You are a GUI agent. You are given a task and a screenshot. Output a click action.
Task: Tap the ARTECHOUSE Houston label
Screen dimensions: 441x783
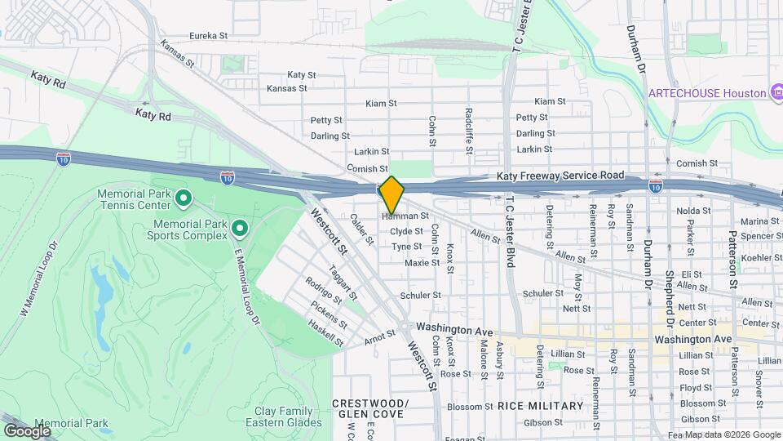coord(706,93)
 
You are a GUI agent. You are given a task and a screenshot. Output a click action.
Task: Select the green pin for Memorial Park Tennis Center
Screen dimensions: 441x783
coord(184,197)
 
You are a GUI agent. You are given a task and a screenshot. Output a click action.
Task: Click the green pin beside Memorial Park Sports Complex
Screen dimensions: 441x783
coord(239,226)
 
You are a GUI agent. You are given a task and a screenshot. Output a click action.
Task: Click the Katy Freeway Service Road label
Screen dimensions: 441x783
coord(560,176)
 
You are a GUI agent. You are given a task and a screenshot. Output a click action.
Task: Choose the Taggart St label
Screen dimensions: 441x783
coord(343,280)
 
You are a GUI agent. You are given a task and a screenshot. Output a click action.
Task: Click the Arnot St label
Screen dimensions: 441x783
coord(379,335)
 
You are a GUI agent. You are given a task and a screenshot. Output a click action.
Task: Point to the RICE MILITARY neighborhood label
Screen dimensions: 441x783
coord(541,406)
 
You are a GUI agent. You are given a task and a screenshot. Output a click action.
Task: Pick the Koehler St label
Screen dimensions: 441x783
coord(761,257)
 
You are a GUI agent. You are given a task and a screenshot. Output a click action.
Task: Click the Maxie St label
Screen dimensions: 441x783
coord(422,263)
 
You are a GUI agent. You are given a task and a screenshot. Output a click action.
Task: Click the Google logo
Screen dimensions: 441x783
coord(27,430)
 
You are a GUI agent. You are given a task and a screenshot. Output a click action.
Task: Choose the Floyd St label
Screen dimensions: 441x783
coord(696,388)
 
